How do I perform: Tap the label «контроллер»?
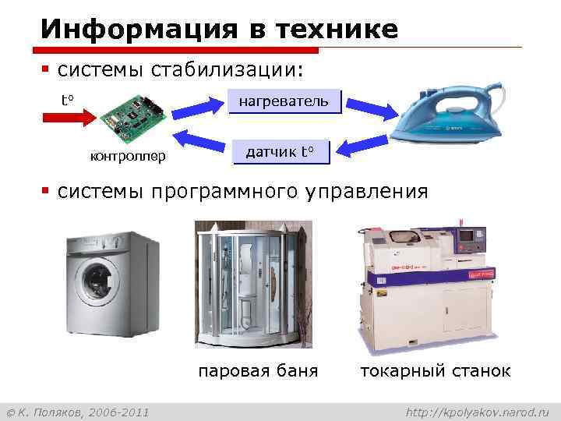(x=128, y=157)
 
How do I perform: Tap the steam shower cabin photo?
(x=253, y=285)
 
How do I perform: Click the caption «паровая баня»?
(x=258, y=370)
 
